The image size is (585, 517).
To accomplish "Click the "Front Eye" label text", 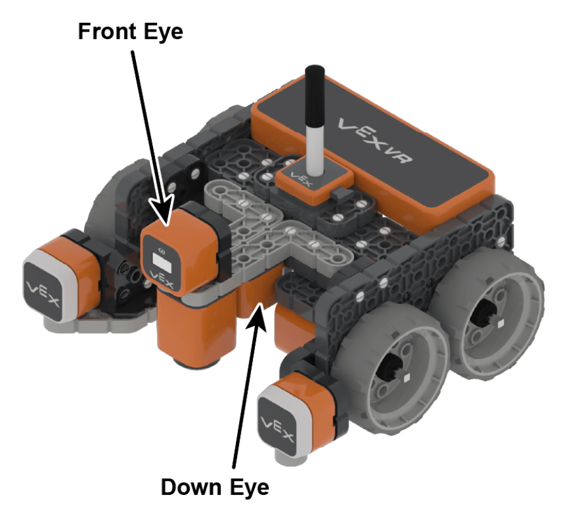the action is [130, 32].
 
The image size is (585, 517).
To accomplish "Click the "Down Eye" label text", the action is [215, 487].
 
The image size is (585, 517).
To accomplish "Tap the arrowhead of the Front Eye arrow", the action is [163, 210].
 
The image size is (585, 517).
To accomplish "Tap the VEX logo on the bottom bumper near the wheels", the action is [278, 429].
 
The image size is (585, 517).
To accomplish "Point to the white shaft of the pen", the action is [314, 149].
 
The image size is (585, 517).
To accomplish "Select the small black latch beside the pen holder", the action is [339, 193].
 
